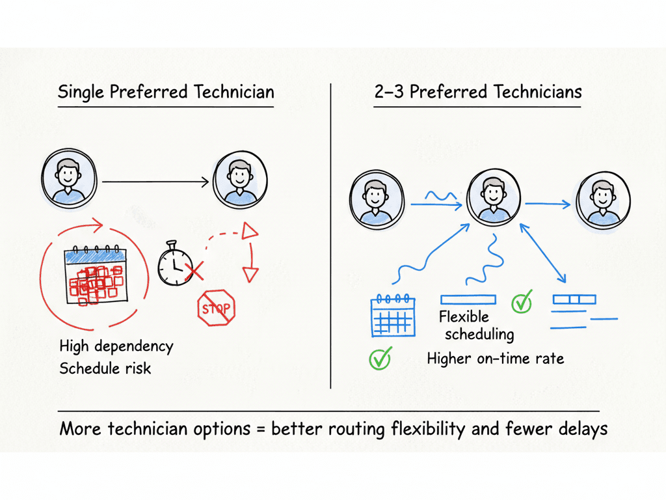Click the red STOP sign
tap(216, 306)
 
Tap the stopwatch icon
tap(174, 265)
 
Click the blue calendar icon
tap(393, 316)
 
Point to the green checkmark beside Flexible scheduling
tap(522, 301)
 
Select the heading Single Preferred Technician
tap(165, 92)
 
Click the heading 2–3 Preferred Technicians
tap(478, 92)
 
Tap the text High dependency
tap(116, 345)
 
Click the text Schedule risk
tap(105, 368)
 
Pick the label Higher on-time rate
tap(495, 358)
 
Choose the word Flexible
tap(464, 317)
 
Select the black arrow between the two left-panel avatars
tap(156, 182)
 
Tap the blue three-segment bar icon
tap(574, 299)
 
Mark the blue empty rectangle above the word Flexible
tap(468, 299)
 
